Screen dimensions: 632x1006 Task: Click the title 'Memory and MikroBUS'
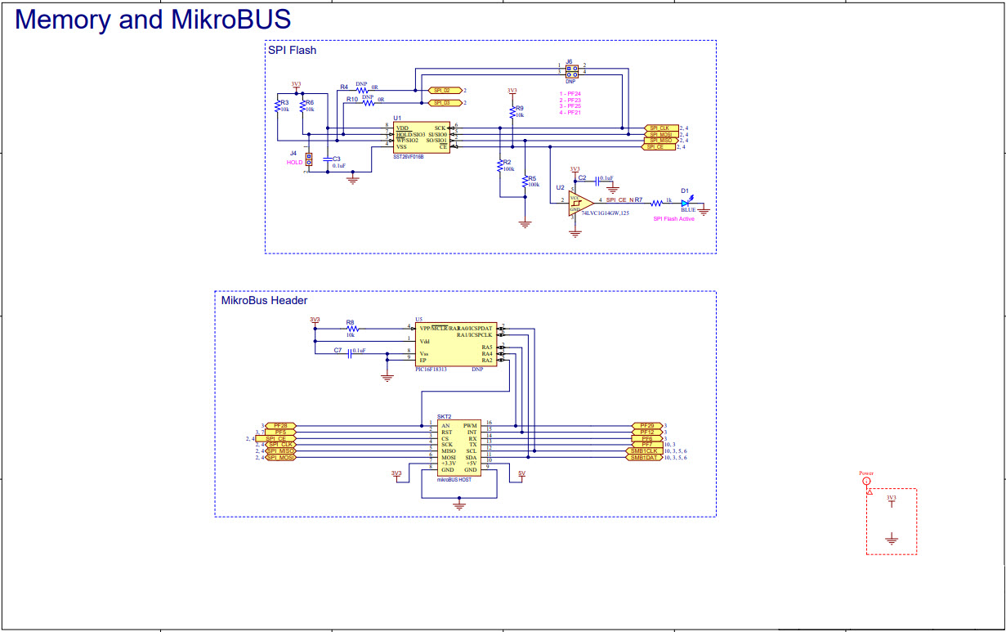153,19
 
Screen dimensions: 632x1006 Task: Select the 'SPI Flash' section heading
292,50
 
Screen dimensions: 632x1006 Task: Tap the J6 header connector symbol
570,69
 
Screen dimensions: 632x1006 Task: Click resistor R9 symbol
512,110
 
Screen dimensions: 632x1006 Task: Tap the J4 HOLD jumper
309,159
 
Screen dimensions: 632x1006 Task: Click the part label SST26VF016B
408,155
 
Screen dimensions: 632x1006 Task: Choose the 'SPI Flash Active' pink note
673,219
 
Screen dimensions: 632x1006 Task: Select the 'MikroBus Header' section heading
264,301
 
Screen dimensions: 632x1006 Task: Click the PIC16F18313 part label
432,370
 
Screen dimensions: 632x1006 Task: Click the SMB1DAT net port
644,458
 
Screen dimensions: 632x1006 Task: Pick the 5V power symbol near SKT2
521,473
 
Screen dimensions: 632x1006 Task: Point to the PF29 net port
646,426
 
